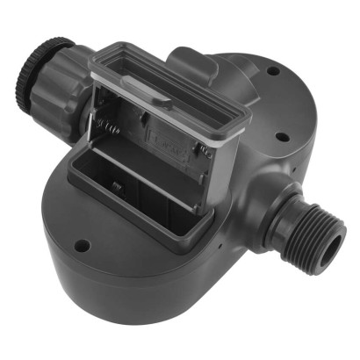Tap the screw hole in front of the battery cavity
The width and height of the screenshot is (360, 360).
(81, 247)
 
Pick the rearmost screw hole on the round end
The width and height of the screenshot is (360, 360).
(273, 70)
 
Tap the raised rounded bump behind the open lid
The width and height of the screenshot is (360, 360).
(193, 61)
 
